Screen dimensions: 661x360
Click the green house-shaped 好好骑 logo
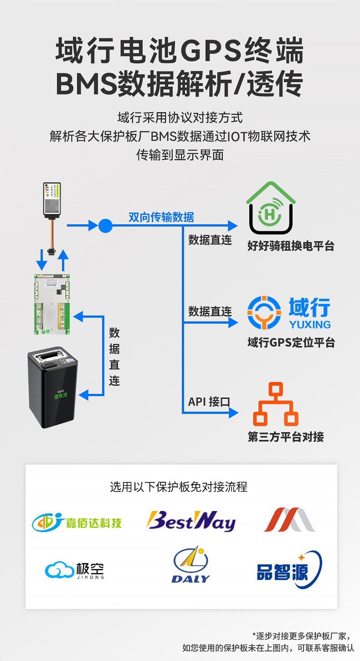(271, 208)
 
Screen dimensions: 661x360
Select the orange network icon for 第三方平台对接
(275, 404)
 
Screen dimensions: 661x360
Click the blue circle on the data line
(105, 225)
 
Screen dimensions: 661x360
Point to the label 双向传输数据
(161, 217)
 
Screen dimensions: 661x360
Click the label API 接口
(209, 402)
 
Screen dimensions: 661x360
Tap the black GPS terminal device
(54, 200)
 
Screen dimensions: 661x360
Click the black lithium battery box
(53, 387)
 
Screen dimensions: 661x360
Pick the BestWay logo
(190, 521)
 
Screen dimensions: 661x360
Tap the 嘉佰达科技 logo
(77, 522)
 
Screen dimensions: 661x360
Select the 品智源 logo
(289, 569)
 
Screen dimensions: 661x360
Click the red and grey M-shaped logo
(289, 520)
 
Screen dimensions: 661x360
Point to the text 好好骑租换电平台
(291, 246)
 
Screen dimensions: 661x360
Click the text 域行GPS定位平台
(291, 342)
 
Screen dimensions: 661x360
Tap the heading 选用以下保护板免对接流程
(179, 487)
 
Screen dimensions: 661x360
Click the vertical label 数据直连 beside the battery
(114, 357)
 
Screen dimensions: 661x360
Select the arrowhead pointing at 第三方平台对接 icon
(233, 413)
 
